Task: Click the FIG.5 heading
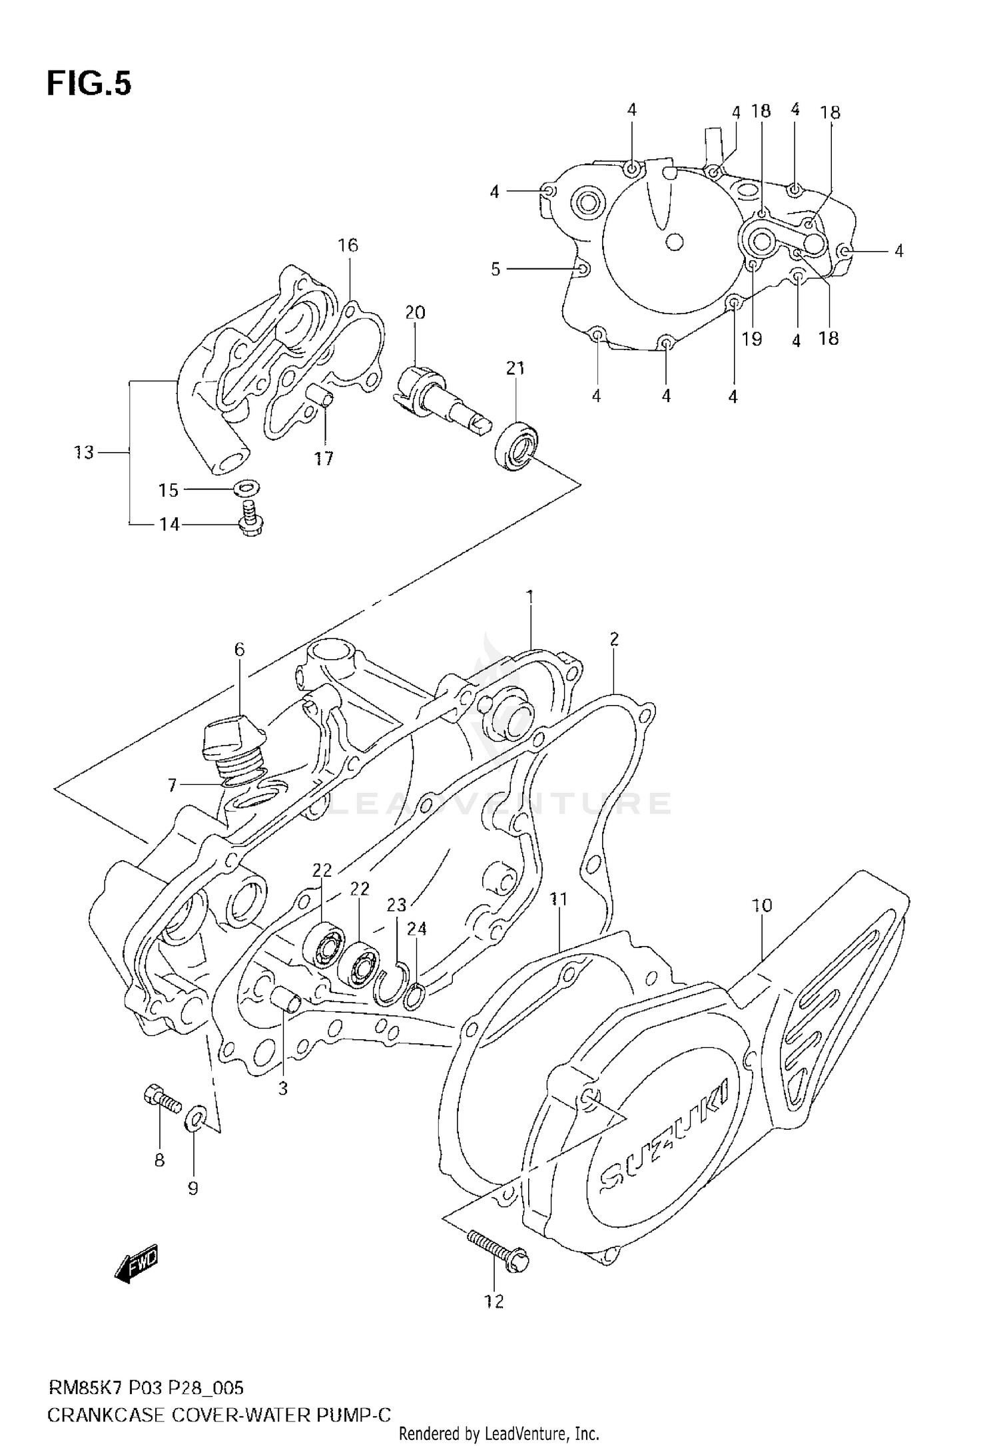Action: (89, 85)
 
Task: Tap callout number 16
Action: (348, 246)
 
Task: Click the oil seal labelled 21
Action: (517, 445)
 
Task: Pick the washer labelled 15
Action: (247, 489)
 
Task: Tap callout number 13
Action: (84, 453)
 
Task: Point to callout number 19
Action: (751, 339)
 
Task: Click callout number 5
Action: (495, 269)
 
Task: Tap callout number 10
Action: (762, 905)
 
